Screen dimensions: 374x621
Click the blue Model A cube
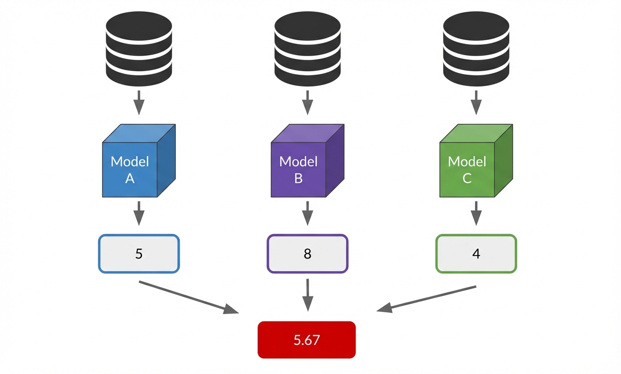136,164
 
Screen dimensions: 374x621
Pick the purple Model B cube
304,164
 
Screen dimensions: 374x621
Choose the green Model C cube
472,164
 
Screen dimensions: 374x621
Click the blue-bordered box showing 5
139,254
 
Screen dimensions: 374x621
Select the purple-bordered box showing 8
307,254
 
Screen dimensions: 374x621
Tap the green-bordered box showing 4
476,254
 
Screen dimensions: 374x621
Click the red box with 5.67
307,340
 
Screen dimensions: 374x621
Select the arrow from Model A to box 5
139,213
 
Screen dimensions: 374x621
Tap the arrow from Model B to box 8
307,213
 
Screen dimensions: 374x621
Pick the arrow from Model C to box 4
476,213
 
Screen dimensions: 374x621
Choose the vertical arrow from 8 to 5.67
307,295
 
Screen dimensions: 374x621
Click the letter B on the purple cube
298,178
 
